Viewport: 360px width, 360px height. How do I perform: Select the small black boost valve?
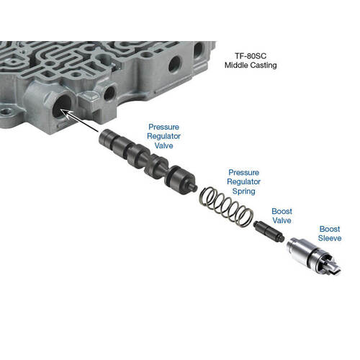tap(269, 231)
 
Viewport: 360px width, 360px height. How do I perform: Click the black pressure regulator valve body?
tap(148, 161)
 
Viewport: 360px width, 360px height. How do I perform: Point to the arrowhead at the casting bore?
tap(63, 111)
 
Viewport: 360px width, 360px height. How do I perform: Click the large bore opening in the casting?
tap(62, 106)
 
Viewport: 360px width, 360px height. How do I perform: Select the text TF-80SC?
tap(251, 56)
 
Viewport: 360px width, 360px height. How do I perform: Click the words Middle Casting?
tap(251, 65)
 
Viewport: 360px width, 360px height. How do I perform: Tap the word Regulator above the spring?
tap(243, 181)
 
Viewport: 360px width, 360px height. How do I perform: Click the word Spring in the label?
tap(243, 192)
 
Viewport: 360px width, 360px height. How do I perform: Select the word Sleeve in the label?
tap(330, 238)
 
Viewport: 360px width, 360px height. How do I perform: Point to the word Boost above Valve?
tap(282, 211)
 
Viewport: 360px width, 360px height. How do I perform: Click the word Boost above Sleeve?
tap(330, 229)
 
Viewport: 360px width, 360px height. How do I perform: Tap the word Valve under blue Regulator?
tap(163, 145)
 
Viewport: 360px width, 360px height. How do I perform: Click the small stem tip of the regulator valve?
tap(194, 187)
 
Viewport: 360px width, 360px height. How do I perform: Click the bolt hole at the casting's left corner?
tap(6, 112)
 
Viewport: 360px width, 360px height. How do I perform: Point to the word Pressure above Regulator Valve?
tap(163, 127)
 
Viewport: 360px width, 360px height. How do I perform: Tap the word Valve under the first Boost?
tap(282, 220)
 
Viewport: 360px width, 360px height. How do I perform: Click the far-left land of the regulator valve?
tap(107, 139)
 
